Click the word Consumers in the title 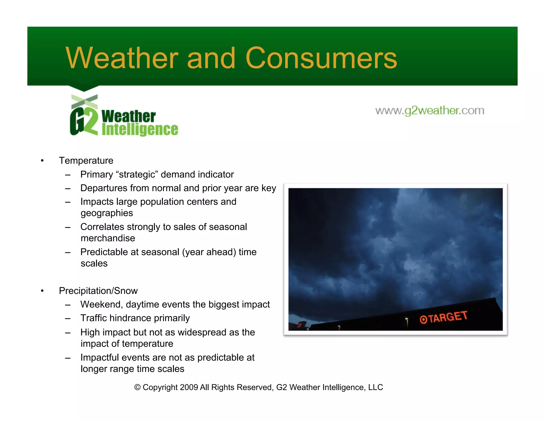point(321,58)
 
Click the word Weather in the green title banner point(122,58)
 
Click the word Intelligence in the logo point(140,130)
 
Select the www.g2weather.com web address point(430,110)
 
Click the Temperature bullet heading point(86,160)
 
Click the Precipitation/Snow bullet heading point(98,291)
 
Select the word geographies point(107,213)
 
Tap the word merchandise point(108,238)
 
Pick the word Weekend point(101,304)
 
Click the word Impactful point(100,358)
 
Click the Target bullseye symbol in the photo point(423,319)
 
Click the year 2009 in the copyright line point(189,387)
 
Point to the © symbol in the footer point(137,387)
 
